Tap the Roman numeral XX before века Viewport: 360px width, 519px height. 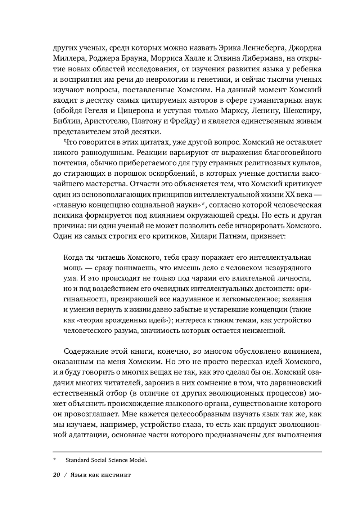point(290,194)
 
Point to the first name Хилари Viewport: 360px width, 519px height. point(204,236)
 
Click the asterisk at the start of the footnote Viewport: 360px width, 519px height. point(55,460)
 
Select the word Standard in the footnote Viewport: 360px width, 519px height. point(78,460)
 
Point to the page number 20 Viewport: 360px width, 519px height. point(57,475)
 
